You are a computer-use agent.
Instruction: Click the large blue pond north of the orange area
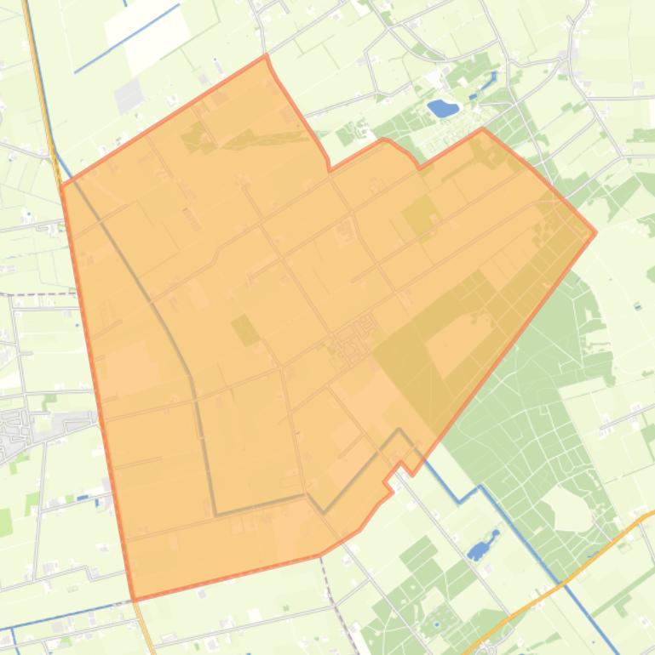tap(443, 108)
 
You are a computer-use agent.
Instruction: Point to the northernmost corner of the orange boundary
tap(267, 55)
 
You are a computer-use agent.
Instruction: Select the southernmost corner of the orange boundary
tap(135, 600)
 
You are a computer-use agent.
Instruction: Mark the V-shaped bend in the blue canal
tap(461, 500)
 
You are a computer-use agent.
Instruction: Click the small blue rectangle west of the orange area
tap(83, 498)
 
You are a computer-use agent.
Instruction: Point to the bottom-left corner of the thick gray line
tap(216, 514)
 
